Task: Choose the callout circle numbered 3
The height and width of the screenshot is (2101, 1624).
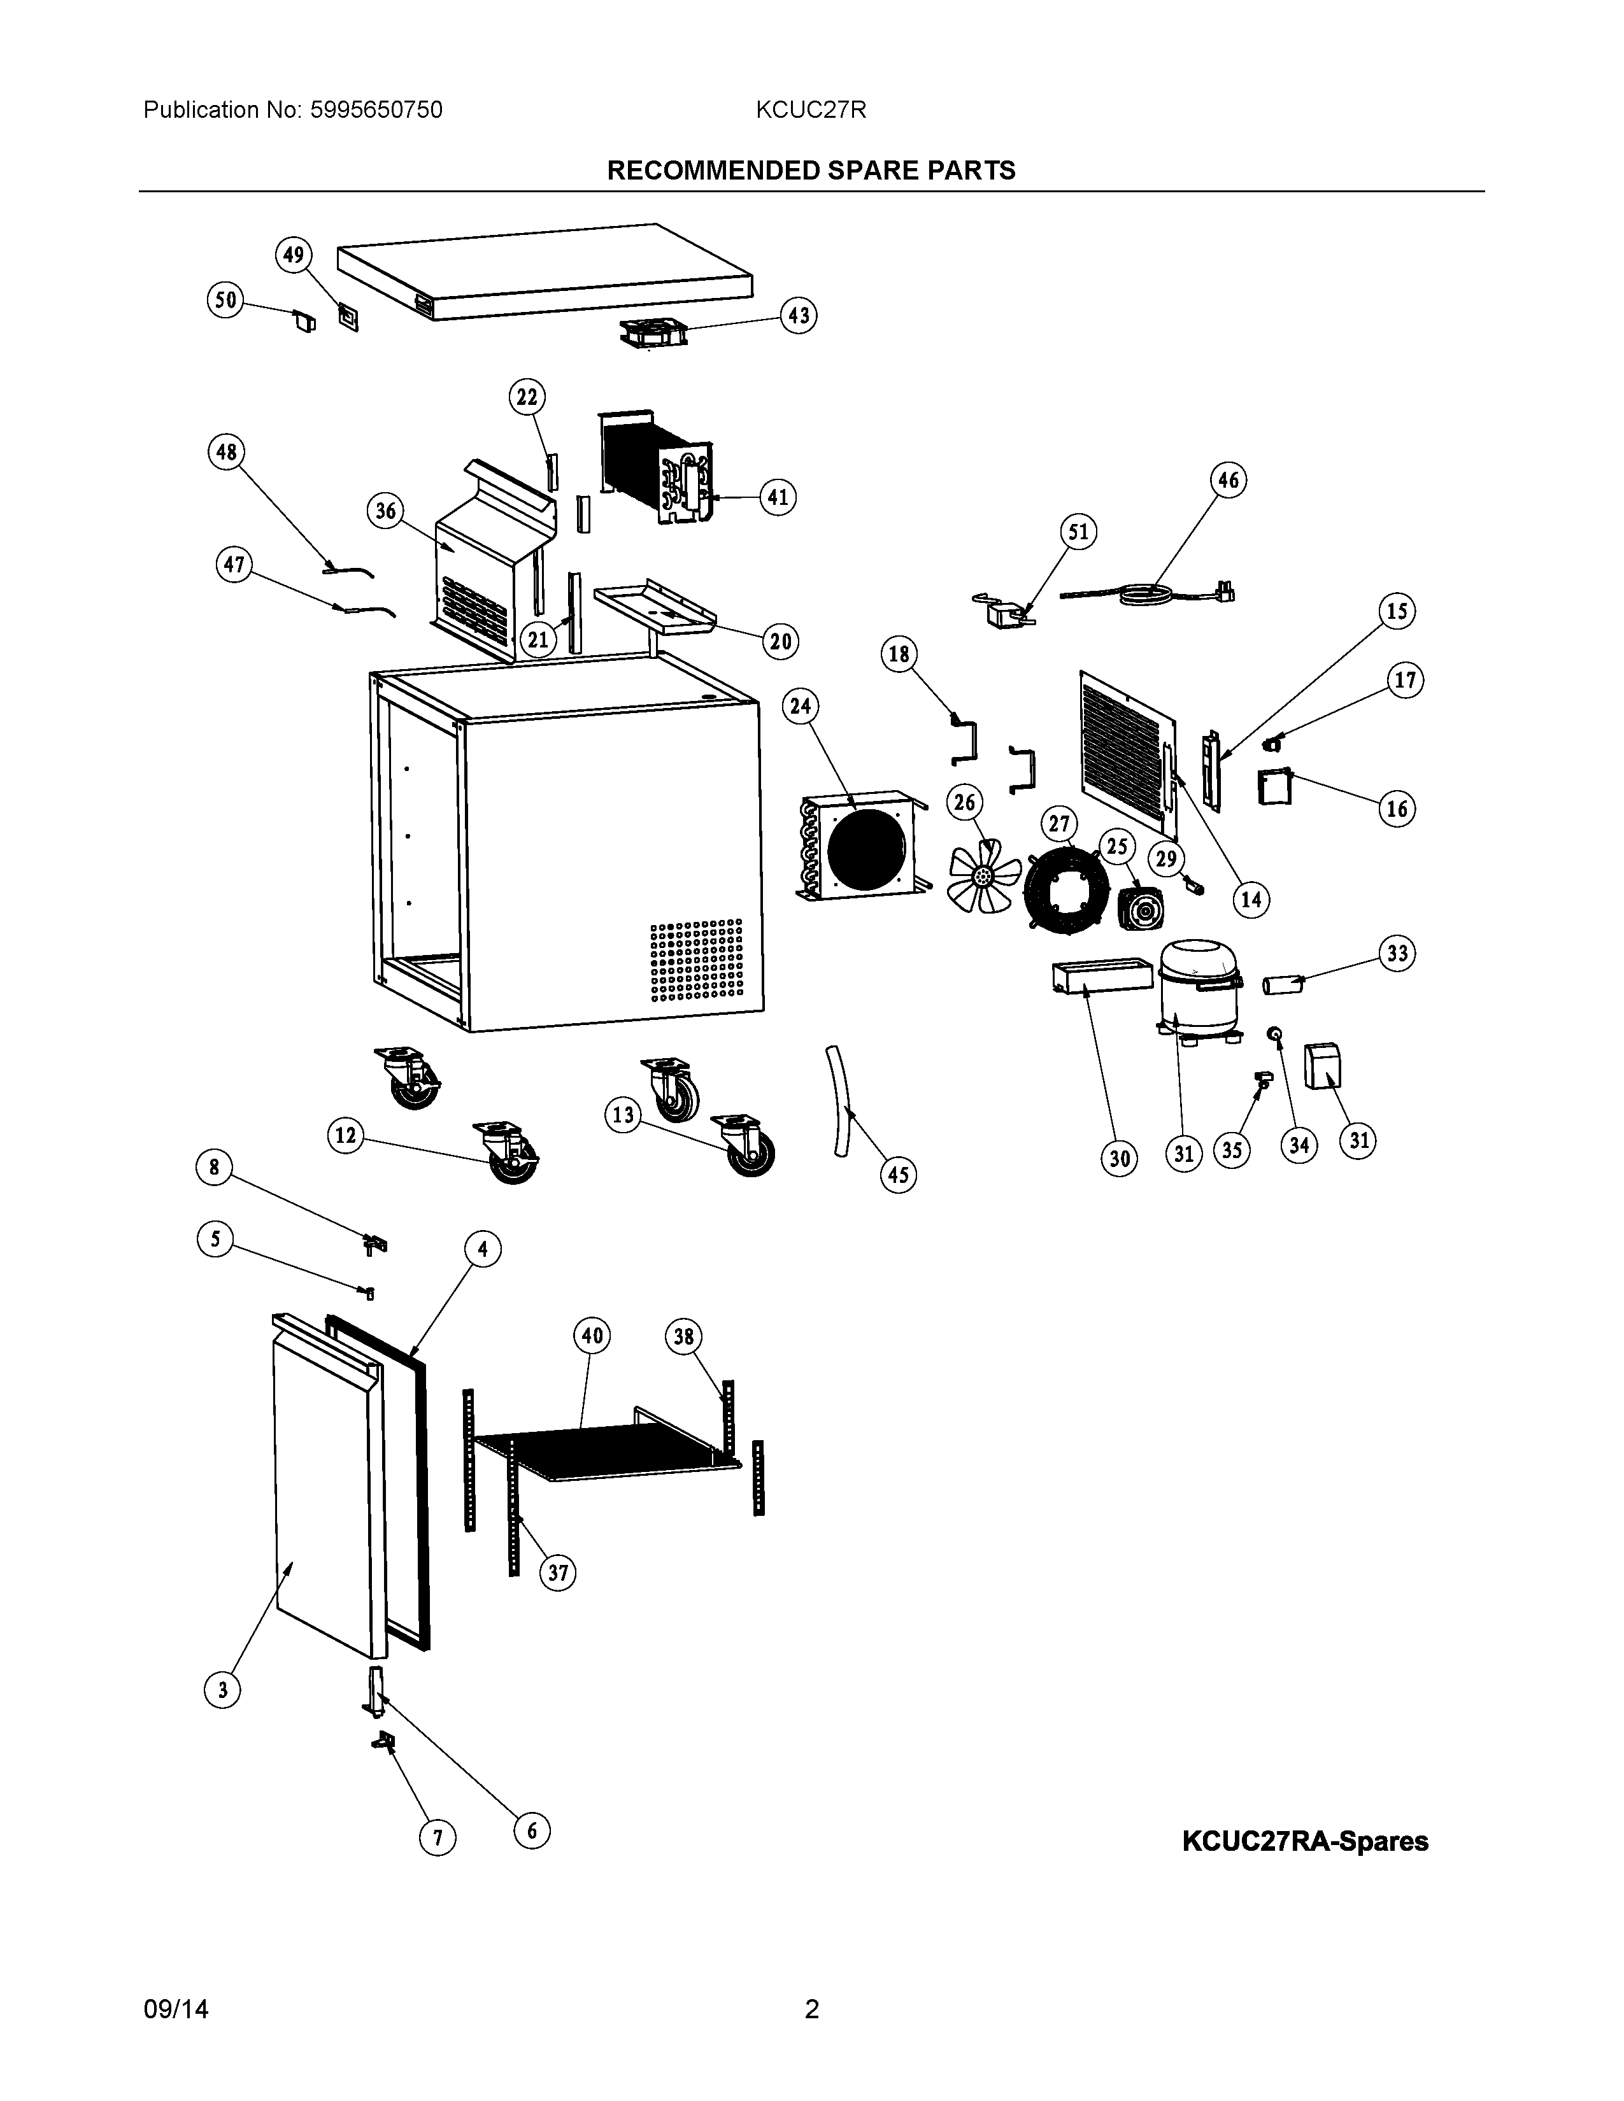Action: pyautogui.click(x=222, y=1689)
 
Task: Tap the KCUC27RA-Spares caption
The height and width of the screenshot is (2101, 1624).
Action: pyautogui.click(x=1304, y=1841)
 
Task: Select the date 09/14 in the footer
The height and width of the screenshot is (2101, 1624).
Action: pyautogui.click(x=175, y=2009)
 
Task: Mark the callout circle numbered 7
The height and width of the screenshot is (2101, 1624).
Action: pyautogui.click(x=437, y=1839)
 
